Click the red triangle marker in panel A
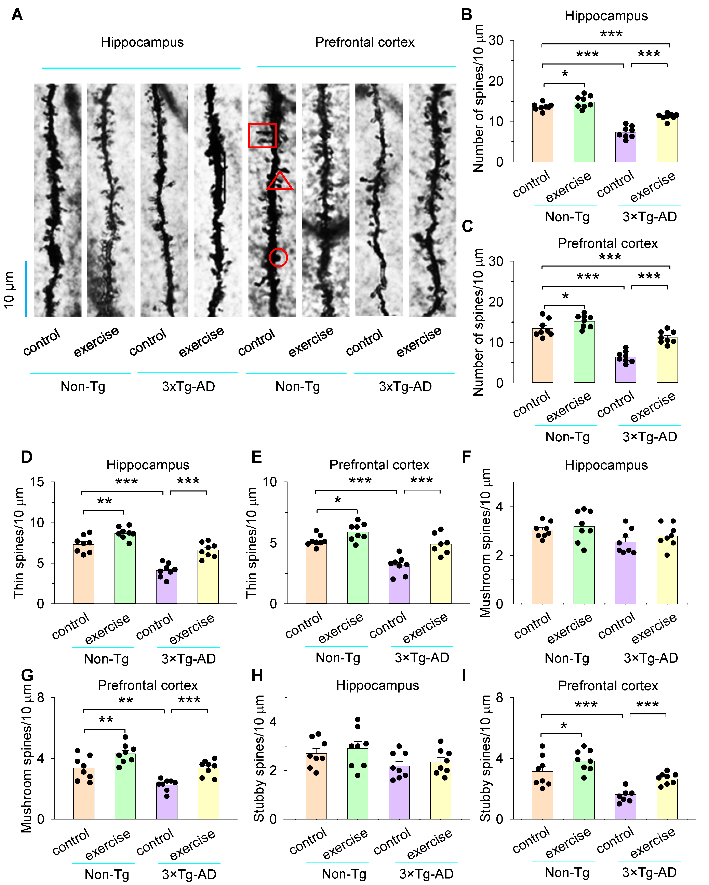280,182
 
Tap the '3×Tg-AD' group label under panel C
650,436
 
